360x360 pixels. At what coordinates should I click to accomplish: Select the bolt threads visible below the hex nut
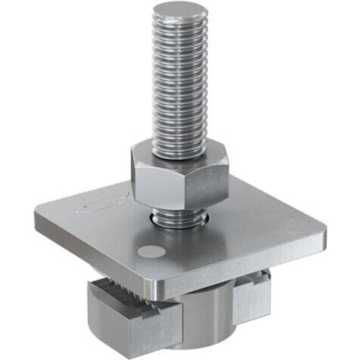(x=179, y=217)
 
